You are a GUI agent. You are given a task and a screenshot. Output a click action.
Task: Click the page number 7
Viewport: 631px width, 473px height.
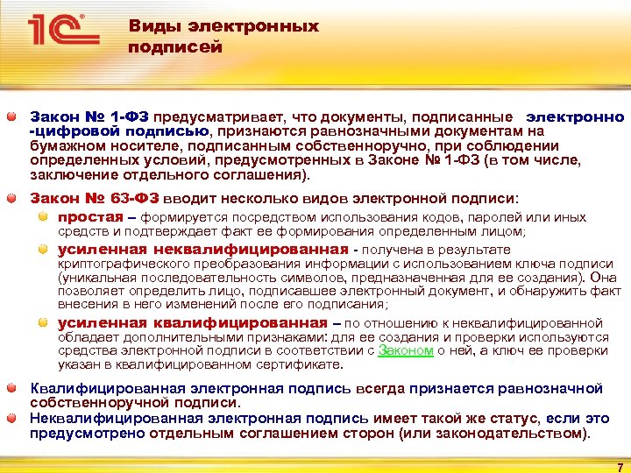coord(620,466)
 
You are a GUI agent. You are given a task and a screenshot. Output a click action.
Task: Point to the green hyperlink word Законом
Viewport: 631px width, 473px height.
coord(406,350)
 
